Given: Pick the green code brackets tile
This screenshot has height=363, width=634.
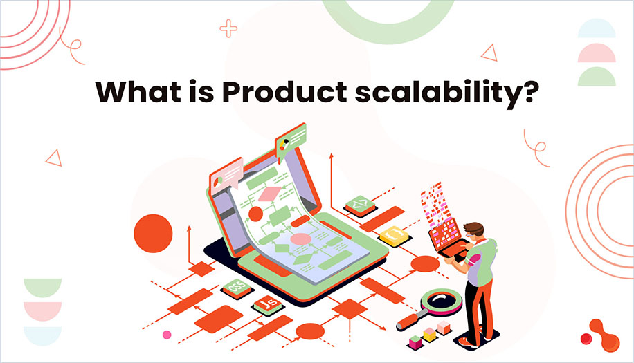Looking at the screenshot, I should [x=359, y=204].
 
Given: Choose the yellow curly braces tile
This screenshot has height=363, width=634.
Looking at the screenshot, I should [x=392, y=235].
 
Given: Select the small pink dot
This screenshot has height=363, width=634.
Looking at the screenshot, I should [x=166, y=335].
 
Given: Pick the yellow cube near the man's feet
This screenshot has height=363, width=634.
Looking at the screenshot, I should [x=430, y=334].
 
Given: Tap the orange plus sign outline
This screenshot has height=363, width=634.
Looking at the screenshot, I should [x=228, y=28].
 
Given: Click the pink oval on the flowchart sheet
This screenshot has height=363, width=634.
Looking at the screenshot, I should [x=301, y=239].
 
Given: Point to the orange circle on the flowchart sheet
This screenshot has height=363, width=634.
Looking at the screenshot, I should [x=255, y=214].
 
